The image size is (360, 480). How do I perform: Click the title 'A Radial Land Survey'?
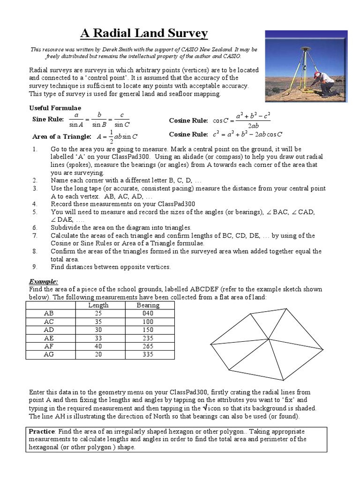144,33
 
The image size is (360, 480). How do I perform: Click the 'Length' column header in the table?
98,305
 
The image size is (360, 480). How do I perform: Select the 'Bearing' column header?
148,305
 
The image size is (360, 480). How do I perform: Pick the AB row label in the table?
49,313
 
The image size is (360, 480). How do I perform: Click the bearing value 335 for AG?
148,355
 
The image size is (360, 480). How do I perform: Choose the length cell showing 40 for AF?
98,346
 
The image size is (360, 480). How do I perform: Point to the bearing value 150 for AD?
148,330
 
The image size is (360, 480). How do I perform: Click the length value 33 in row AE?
98,338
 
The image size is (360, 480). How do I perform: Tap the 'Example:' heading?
44,282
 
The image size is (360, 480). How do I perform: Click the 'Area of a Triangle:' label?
61,137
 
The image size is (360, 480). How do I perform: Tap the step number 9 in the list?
35,267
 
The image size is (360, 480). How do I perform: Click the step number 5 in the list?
35,212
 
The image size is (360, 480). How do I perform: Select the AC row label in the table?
49,322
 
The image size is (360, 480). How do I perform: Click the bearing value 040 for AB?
148,313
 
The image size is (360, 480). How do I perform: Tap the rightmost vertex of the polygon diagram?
323,348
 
